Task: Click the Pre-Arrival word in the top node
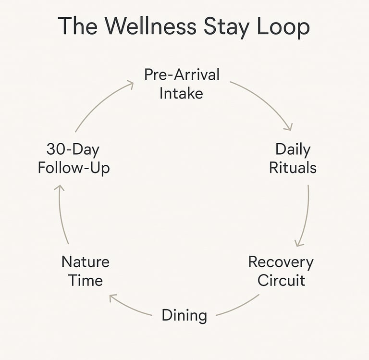[x=182, y=74]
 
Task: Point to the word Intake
[x=181, y=92]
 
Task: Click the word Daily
[x=293, y=149]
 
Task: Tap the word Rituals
[x=293, y=167]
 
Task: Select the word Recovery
[x=281, y=262]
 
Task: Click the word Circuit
[x=281, y=280]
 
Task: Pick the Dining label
[x=184, y=315]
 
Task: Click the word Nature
[x=86, y=262]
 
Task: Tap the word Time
[x=86, y=280]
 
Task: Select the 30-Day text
[x=73, y=149]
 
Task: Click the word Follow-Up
[x=74, y=168]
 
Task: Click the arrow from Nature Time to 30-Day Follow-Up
[x=61, y=214]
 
